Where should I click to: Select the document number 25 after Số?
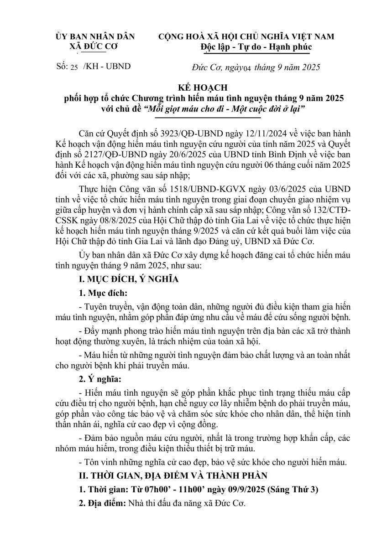(x=74, y=67)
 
